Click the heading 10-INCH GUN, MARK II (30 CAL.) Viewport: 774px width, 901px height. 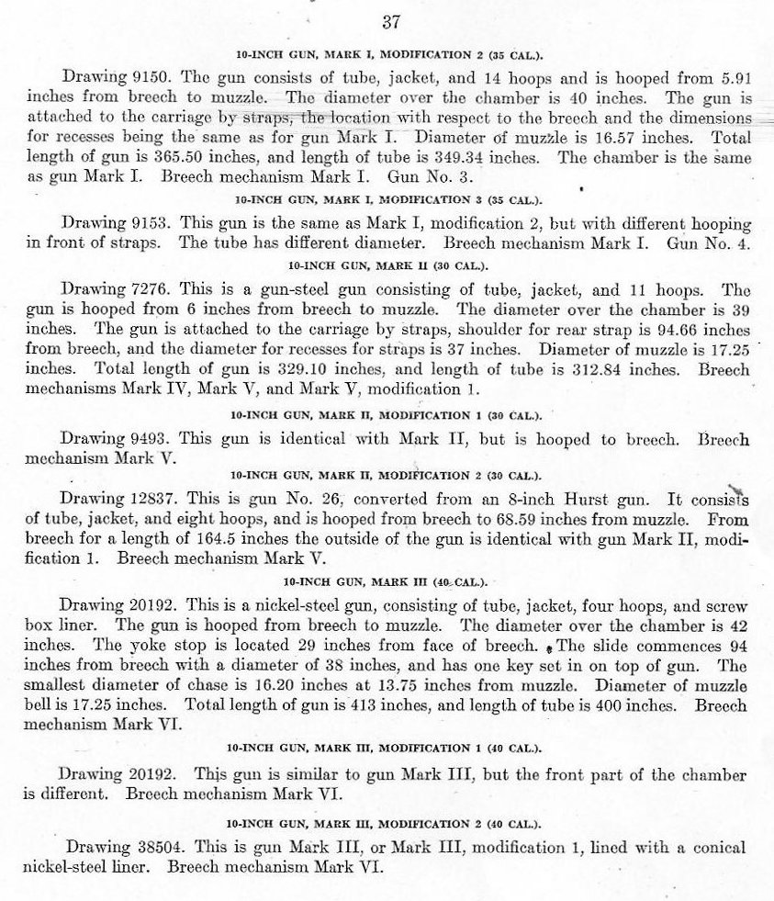387,265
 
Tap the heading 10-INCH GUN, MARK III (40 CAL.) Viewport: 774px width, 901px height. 387,581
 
